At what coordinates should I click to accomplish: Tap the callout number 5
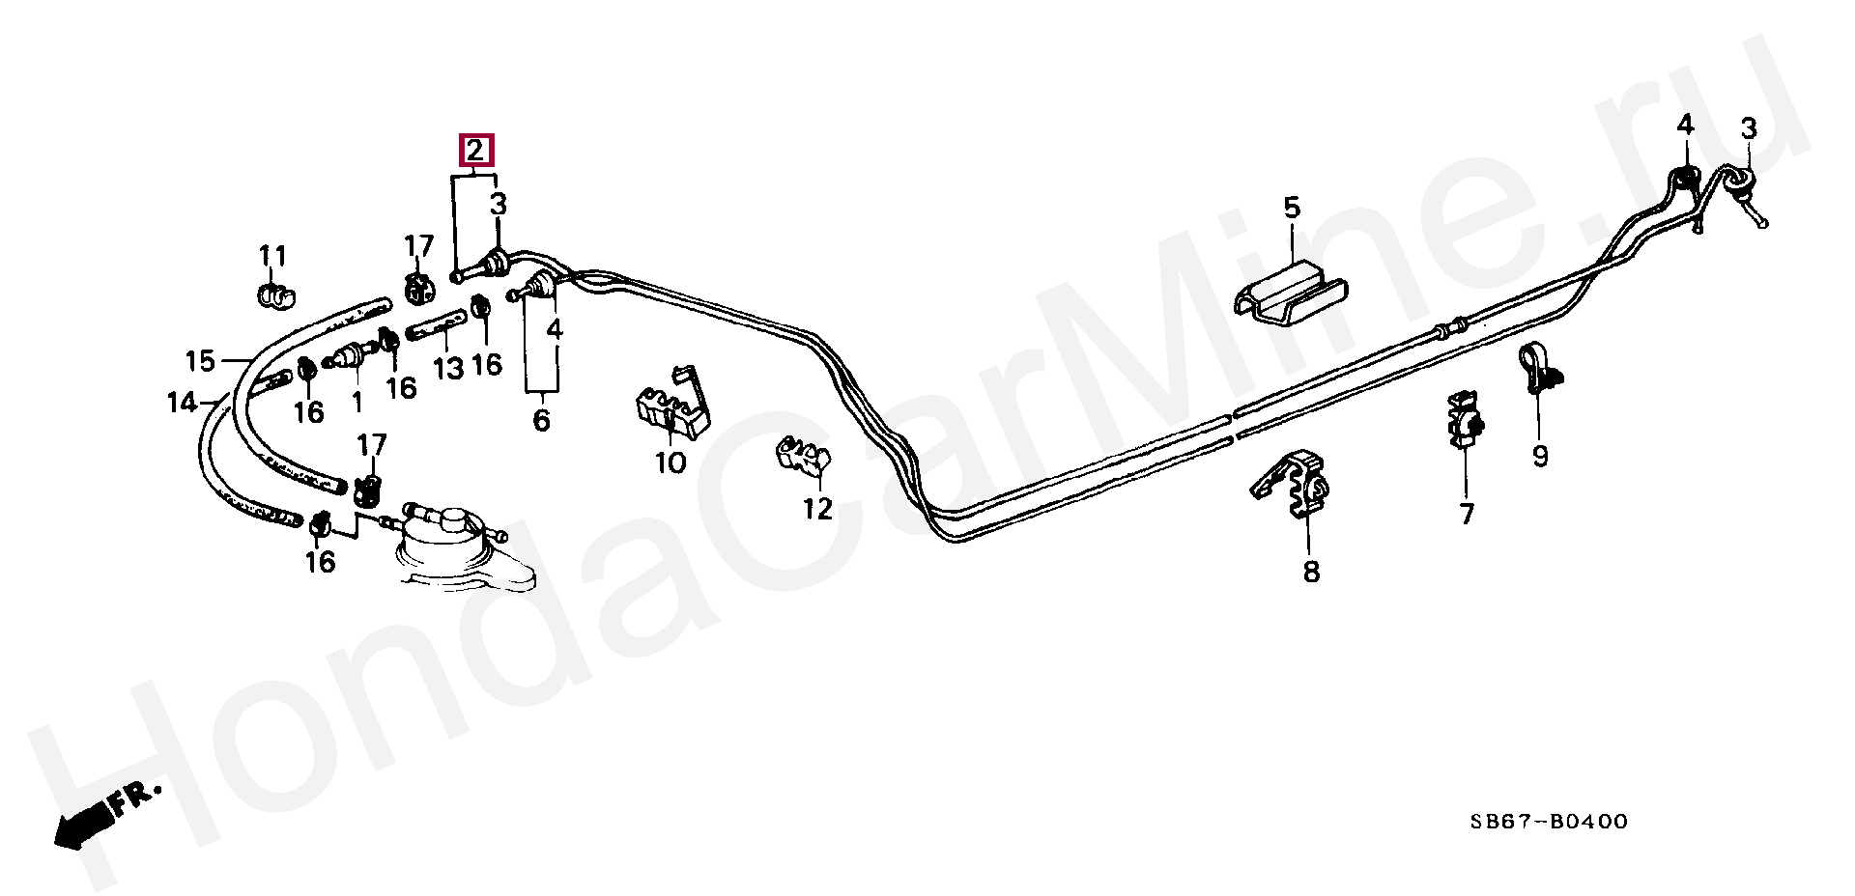[1292, 208]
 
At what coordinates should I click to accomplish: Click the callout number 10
[671, 462]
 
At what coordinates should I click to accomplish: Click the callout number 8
[1310, 572]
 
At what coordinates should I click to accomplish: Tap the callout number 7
[1467, 514]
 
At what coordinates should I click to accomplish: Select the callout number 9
[1540, 456]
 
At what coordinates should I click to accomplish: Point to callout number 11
[272, 256]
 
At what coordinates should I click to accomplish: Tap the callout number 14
[182, 403]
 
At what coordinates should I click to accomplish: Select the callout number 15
[200, 361]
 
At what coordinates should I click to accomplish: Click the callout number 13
[448, 368]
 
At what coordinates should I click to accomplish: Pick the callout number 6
[541, 420]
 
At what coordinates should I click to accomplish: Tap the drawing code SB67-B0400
[1549, 822]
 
